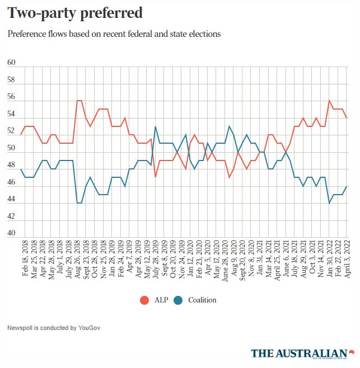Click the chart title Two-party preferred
74,13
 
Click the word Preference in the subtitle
27,34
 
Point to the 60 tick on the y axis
11,63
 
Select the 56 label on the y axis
11,97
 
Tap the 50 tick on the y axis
11,148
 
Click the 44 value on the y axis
11,200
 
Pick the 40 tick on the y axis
11,234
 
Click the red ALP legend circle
144,300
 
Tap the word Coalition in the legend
202,300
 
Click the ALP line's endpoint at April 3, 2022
347,117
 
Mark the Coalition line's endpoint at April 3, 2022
347,186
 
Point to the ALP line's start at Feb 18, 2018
21,135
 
